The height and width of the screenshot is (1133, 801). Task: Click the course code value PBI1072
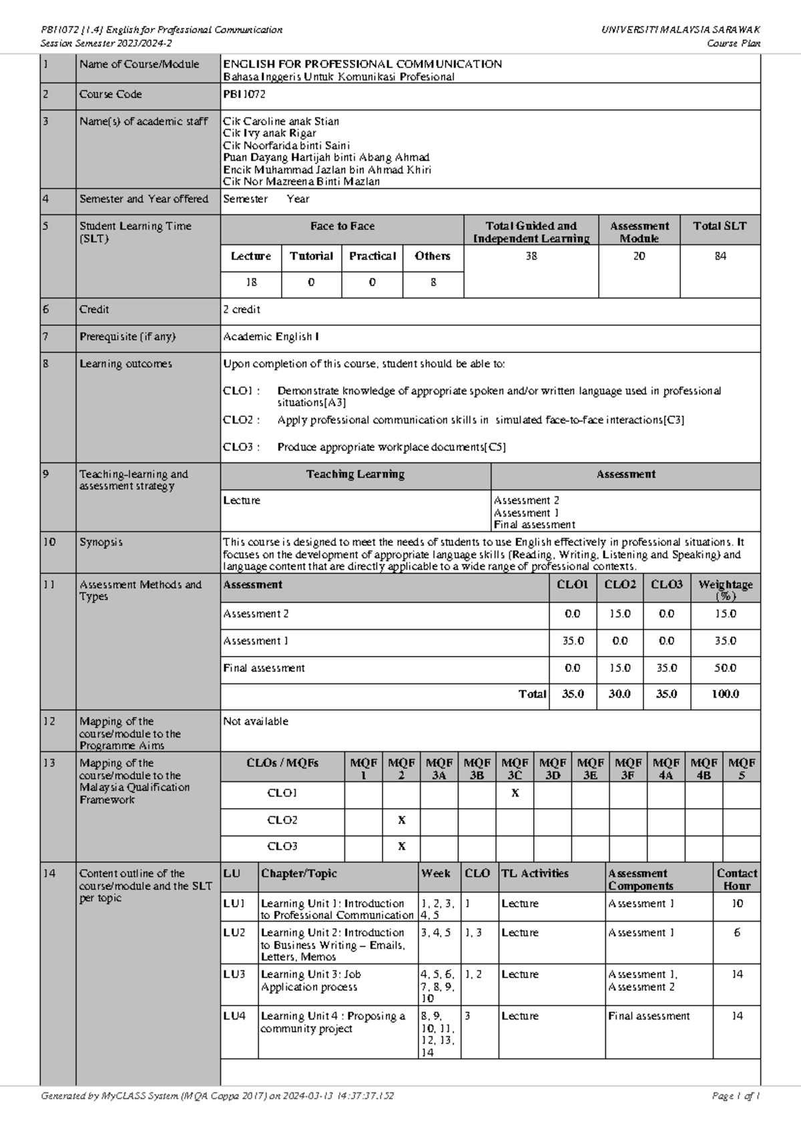pyautogui.click(x=244, y=95)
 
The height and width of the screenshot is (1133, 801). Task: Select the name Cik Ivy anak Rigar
pyautogui.click(x=270, y=133)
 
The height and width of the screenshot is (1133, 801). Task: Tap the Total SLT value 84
pyautogui.click(x=720, y=256)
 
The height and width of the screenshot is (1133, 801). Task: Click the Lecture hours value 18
pyautogui.click(x=251, y=283)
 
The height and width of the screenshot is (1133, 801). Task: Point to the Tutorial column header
pyautogui.click(x=311, y=256)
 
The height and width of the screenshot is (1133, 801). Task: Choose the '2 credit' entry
pyautogui.click(x=242, y=310)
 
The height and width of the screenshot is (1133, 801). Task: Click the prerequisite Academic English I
pyautogui.click(x=270, y=337)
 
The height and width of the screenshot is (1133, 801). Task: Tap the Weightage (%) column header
pyautogui.click(x=725, y=590)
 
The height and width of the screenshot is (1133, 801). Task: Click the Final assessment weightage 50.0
pyautogui.click(x=725, y=668)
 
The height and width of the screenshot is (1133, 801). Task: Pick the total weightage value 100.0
pyautogui.click(x=725, y=694)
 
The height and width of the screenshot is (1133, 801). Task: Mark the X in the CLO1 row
pyautogui.click(x=515, y=793)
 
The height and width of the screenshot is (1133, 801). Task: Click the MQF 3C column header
pyautogui.click(x=515, y=769)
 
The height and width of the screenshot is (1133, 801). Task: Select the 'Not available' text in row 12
pyautogui.click(x=256, y=721)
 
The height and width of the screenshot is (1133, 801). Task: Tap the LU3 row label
pyautogui.click(x=234, y=975)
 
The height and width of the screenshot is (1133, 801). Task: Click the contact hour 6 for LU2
pyautogui.click(x=737, y=933)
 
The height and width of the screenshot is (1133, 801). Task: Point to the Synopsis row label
pyautogui.click(x=101, y=542)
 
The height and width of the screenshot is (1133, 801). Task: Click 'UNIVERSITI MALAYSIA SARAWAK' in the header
pyautogui.click(x=680, y=30)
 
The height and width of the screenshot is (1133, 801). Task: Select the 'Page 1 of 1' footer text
pyautogui.click(x=736, y=1096)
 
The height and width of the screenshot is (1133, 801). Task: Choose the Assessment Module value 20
pyautogui.click(x=639, y=256)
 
